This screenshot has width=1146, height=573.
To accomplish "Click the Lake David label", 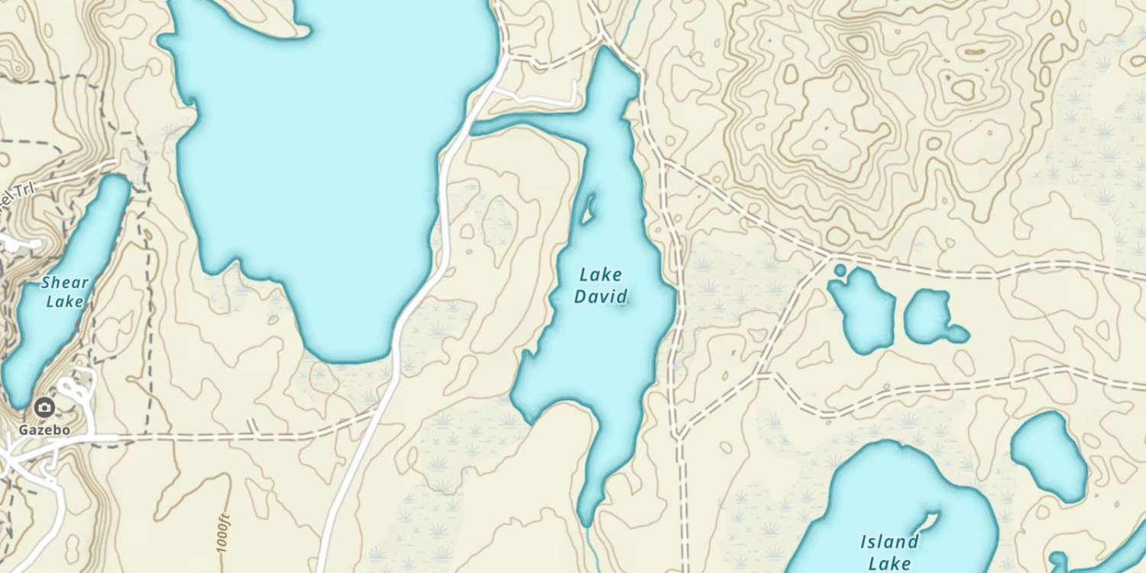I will pos(601,285).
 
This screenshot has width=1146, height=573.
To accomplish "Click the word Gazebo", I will pos(44,429).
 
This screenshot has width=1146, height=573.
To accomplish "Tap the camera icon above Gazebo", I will pos(44,406).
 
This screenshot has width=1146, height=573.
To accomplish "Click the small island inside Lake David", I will pos(588,209).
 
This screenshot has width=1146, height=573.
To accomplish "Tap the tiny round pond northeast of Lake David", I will pos(840,270).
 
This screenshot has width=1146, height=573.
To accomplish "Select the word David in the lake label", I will pos(601,296).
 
